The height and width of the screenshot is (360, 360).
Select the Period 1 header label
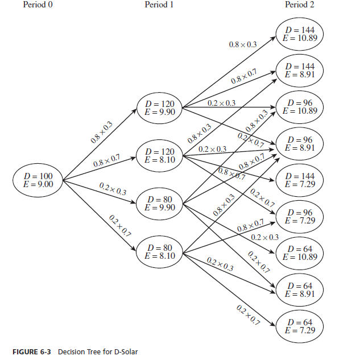coord(160,5)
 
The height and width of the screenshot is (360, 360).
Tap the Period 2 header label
coord(300,5)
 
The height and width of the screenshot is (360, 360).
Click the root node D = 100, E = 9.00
coord(37,180)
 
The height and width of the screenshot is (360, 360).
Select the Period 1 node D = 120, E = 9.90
coord(159,107)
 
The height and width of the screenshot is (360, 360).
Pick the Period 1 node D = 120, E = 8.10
coord(159,156)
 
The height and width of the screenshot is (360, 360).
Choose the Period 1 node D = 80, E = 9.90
coord(159,204)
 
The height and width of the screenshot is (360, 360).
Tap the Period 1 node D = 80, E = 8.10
coord(159,251)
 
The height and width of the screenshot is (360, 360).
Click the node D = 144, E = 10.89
coord(300,34)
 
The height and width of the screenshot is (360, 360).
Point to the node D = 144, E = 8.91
coord(300,70)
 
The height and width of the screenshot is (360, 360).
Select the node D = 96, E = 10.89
coord(300,106)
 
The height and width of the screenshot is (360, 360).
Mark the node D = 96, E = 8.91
coord(300,143)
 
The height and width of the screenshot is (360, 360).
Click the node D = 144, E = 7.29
coord(300,180)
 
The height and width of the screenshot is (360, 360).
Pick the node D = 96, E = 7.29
coord(300,216)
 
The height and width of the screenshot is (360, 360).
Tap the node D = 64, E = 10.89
coord(300,253)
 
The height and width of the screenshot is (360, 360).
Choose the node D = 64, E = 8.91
coord(300,289)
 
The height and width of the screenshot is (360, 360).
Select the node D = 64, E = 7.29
coord(300,326)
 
